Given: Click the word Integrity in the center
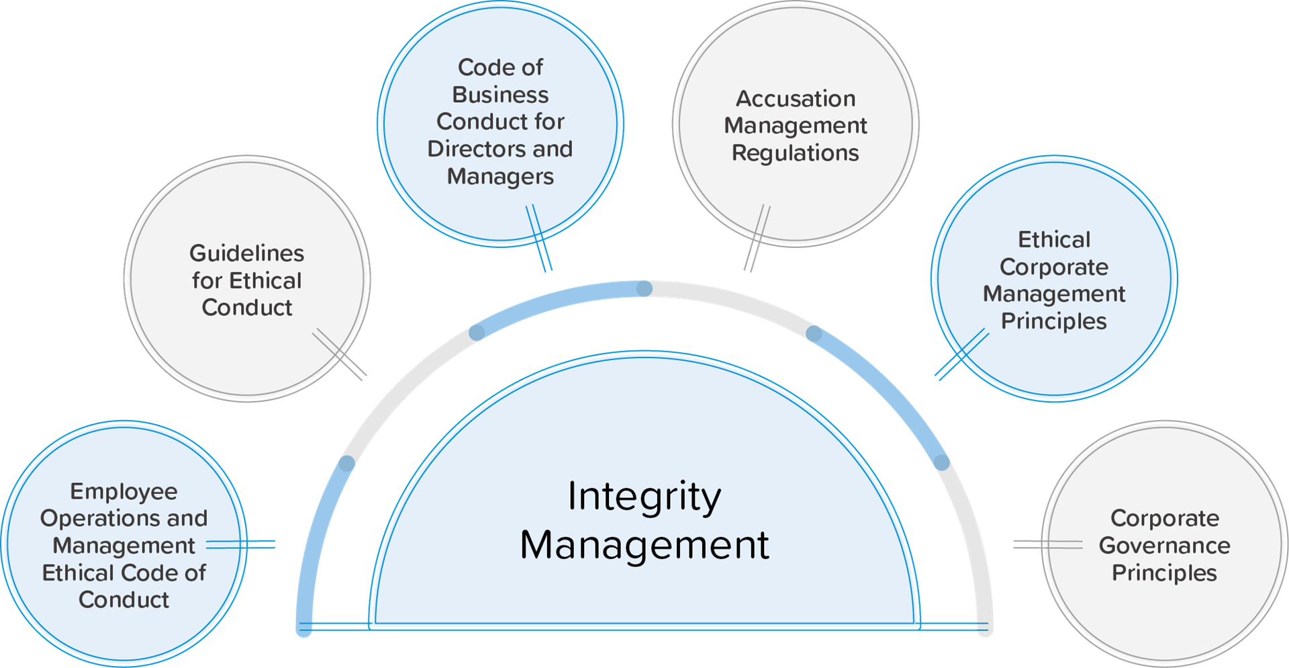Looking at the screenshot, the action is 644,498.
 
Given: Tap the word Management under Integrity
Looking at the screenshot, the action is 644,544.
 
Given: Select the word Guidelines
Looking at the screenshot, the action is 246,253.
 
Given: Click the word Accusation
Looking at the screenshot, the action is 796,99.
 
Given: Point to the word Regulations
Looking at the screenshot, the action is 796,153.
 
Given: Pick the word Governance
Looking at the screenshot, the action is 1165,545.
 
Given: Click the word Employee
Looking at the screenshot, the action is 124,491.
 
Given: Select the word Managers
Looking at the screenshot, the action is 500,177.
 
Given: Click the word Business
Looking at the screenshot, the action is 500,95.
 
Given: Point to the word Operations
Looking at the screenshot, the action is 100,518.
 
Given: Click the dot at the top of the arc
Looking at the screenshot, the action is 644,289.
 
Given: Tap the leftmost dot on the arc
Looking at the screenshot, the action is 346,463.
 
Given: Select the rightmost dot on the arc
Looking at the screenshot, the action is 942,462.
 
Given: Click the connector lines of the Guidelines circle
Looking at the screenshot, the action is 340,354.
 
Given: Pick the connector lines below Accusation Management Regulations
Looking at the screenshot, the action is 757,239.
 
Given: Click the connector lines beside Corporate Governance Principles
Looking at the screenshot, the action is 1048,544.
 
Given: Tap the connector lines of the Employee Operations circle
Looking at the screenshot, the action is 240,544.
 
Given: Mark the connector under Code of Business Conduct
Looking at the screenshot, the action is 538,238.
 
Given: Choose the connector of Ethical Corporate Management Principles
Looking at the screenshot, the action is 962,354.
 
